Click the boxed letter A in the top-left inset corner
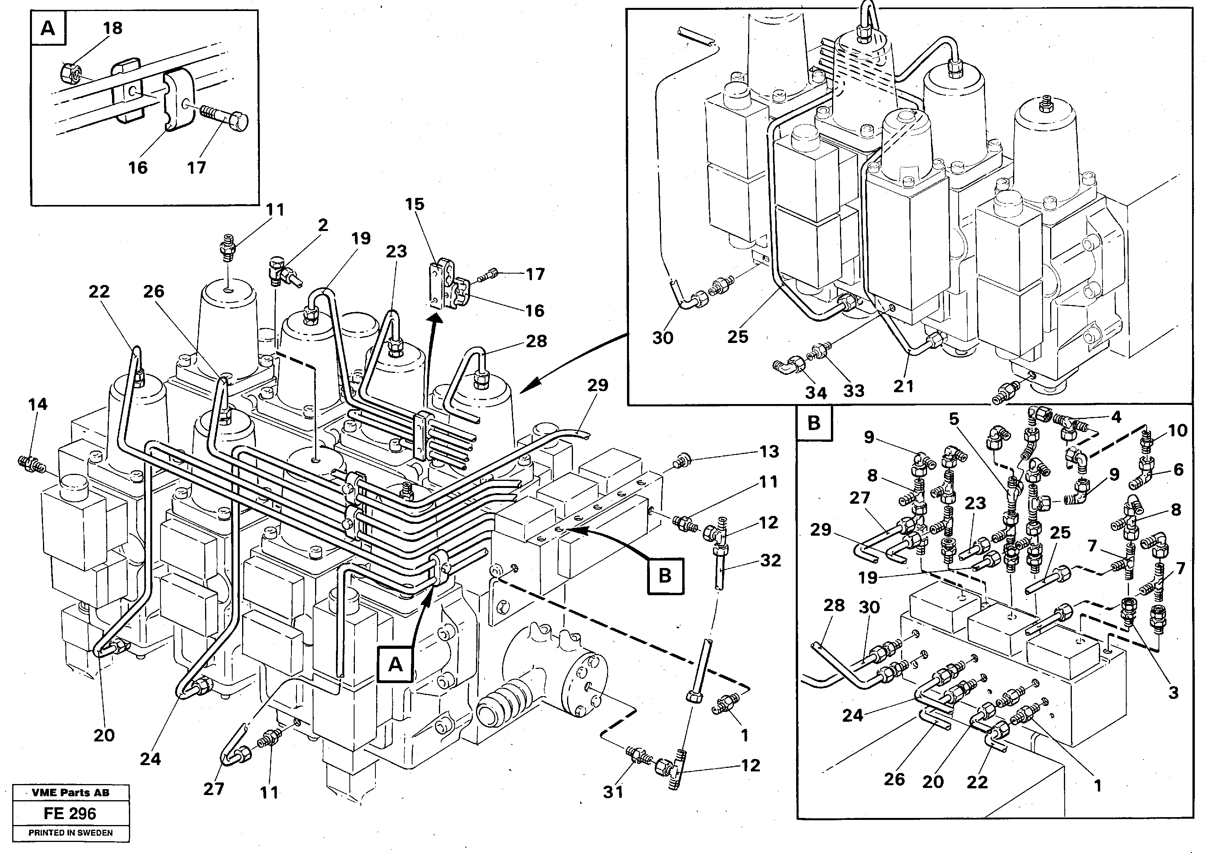[48, 28]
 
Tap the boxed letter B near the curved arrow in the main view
[664, 575]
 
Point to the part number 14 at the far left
[38, 404]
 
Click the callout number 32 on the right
[770, 561]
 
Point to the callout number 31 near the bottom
[613, 792]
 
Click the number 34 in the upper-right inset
[815, 393]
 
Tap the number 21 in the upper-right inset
[903, 386]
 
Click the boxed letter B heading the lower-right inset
[814, 423]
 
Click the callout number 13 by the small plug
[769, 451]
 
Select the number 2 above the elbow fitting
[323, 225]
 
